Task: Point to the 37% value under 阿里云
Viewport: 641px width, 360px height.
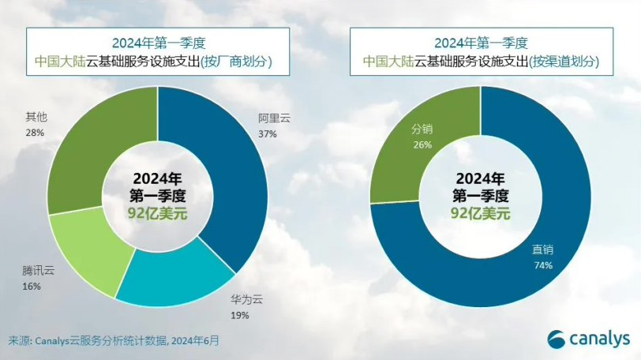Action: [268, 134]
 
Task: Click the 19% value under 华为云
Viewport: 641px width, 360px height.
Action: [240, 316]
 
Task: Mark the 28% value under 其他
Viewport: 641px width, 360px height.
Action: [36, 132]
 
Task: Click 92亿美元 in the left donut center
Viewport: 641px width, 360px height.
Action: [157, 213]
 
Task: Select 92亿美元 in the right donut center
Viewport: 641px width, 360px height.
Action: [480, 213]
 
